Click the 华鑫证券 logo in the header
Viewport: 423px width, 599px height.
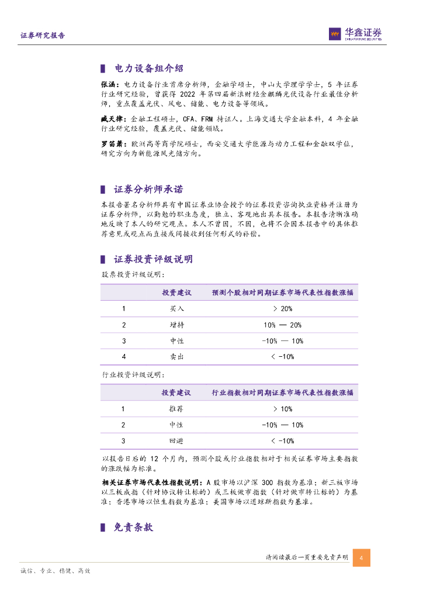coord(355,34)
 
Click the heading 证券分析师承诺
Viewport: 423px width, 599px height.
coord(148,190)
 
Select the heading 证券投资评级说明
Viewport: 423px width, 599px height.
coord(153,259)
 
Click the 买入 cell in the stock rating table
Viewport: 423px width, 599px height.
coord(176,308)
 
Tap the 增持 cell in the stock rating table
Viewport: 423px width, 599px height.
coord(176,325)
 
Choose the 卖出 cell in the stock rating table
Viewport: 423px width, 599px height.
coord(176,356)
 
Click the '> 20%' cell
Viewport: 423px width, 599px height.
coord(282,308)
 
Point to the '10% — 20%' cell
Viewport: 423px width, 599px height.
coord(282,325)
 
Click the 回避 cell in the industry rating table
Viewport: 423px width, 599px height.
coord(176,440)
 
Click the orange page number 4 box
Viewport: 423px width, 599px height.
coord(361,557)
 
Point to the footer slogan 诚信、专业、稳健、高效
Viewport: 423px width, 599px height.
coord(55,570)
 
